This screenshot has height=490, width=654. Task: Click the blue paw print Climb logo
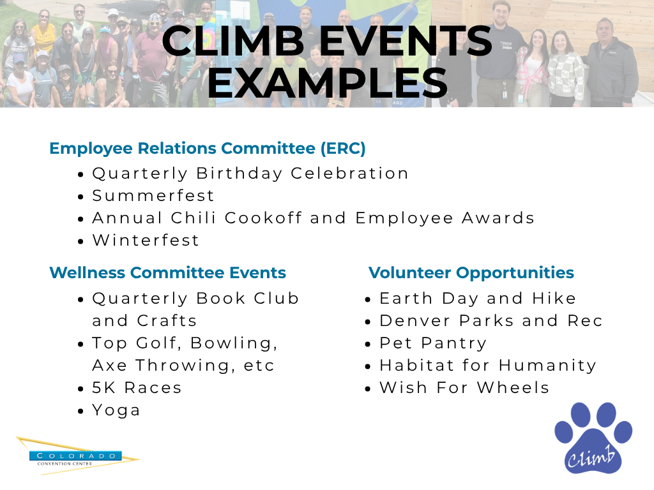[x=593, y=438]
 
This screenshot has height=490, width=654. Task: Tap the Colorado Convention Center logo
[x=77, y=456]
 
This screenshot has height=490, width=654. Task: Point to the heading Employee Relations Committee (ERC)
[x=208, y=148]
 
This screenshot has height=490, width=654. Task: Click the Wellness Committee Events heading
[x=168, y=272]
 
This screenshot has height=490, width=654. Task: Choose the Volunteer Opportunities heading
[x=471, y=273]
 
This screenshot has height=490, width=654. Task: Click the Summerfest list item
[x=153, y=195]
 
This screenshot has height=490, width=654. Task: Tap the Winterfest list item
[x=146, y=240]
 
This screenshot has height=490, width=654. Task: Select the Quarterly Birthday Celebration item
[x=250, y=174]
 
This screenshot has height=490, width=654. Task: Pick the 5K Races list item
[x=137, y=388]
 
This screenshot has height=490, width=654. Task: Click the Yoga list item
[x=116, y=410]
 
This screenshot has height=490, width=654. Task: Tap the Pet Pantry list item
[x=433, y=343]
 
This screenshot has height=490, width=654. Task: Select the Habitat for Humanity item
[x=488, y=366]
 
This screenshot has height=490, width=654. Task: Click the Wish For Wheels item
[x=464, y=388]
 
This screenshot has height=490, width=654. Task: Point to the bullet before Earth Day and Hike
[x=367, y=300]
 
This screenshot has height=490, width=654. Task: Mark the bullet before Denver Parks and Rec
[x=367, y=322]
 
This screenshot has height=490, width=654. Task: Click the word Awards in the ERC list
[x=498, y=218]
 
